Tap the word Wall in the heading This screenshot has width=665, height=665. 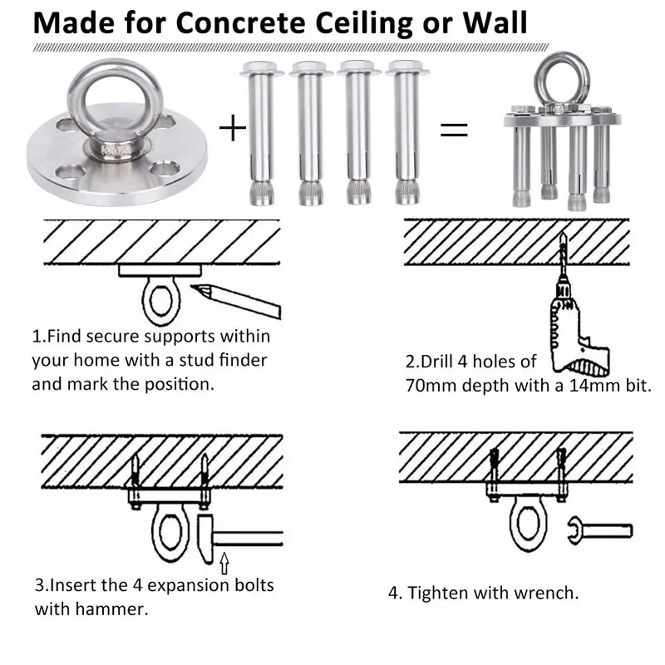coord(491,22)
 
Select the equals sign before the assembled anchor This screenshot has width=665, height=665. coord(454,129)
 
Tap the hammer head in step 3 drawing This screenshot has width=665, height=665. coord(208,535)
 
